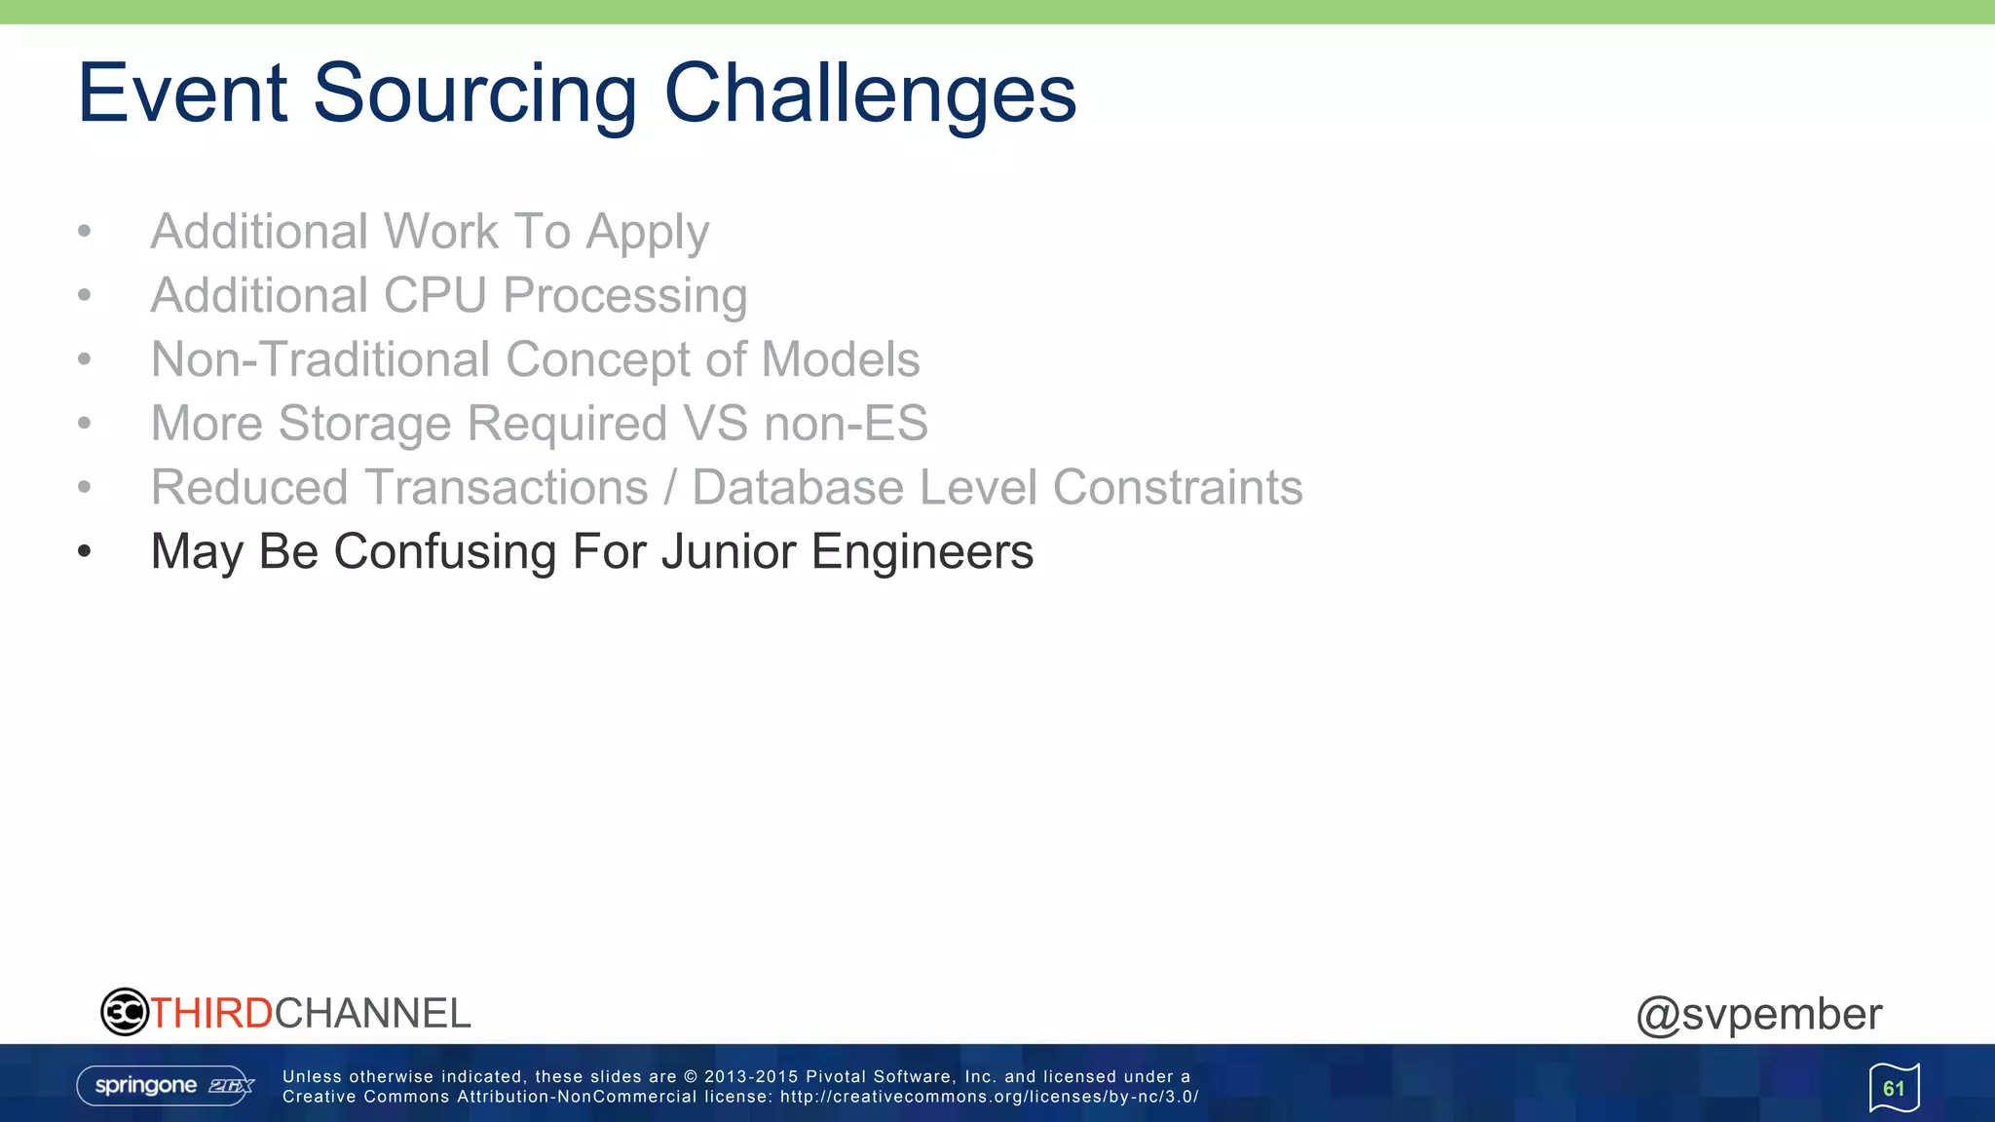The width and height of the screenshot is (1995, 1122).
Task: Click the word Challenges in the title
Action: (x=869, y=93)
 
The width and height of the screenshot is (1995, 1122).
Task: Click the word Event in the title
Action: (x=182, y=93)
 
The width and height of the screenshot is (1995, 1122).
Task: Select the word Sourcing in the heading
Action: (x=474, y=93)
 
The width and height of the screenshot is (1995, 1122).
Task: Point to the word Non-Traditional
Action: (x=320, y=359)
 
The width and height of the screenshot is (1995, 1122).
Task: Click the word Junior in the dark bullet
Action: (x=729, y=551)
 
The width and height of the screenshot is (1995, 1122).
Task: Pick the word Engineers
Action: (x=922, y=551)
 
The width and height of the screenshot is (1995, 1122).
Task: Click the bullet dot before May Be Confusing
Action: (x=85, y=552)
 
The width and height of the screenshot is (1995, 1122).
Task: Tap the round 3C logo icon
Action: (x=125, y=1012)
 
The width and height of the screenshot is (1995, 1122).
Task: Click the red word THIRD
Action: (x=211, y=1014)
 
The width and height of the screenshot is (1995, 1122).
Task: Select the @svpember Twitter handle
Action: (x=1758, y=1015)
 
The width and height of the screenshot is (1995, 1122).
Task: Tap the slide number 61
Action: (x=1893, y=1088)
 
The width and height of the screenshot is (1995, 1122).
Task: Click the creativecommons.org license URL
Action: (x=988, y=1097)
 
